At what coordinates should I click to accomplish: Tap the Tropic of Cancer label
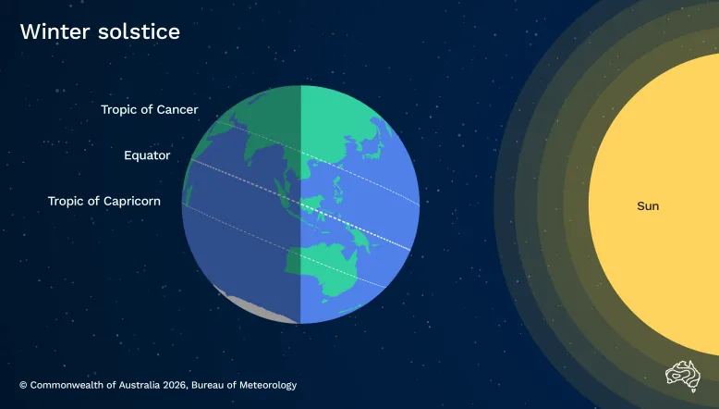coord(150,110)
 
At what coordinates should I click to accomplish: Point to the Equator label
coord(147,155)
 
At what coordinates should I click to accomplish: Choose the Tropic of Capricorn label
coord(104,201)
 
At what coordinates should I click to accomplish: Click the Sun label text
coord(648,205)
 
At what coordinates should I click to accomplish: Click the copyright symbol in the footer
coord(23,385)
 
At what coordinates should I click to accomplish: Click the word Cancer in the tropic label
coord(177,110)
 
